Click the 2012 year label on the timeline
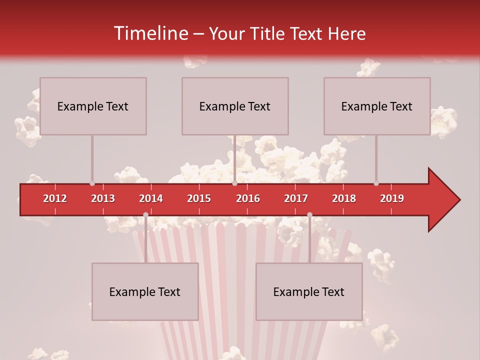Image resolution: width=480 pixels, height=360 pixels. click(x=55, y=198)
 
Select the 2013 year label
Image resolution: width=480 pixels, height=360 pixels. click(x=103, y=198)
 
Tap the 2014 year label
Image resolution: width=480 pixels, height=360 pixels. click(x=151, y=198)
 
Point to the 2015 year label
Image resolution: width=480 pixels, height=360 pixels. click(x=199, y=198)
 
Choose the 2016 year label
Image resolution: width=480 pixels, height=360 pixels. click(x=248, y=198)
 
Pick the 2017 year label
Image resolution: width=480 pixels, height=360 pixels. click(x=296, y=198)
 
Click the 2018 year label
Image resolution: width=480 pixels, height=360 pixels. click(x=344, y=198)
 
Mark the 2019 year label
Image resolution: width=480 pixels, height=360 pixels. click(x=392, y=198)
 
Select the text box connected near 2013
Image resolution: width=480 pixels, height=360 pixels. click(x=93, y=106)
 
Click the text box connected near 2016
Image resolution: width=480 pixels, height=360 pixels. click(x=235, y=106)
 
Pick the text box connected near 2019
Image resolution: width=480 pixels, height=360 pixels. click(x=377, y=106)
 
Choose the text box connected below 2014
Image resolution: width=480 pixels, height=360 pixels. click(x=145, y=291)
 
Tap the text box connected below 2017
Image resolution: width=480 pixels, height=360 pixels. click(x=309, y=291)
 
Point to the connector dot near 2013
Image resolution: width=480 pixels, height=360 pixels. click(x=92, y=183)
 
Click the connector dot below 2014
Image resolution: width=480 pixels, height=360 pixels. click(x=145, y=214)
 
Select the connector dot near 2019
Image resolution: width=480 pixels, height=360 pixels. click(x=376, y=183)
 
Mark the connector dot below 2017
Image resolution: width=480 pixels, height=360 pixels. click(x=309, y=214)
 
